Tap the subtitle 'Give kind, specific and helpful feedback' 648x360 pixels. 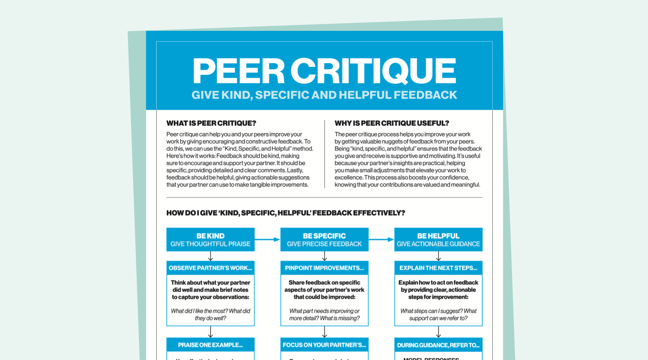coord(324,95)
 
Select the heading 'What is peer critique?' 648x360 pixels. coord(211,123)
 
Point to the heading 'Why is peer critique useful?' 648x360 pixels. coord(391,123)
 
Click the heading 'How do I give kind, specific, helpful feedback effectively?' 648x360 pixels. coord(286,213)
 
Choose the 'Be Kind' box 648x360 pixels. coord(210,240)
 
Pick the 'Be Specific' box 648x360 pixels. coord(324,240)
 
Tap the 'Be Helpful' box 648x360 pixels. coord(438,240)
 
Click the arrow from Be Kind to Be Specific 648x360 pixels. coord(267,240)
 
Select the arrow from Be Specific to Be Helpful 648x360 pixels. coord(381,240)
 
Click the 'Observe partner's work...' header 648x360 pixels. coord(210,268)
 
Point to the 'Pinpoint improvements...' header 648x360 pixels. coord(324,268)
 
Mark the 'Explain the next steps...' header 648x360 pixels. coord(438,268)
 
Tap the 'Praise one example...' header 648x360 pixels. coord(210,345)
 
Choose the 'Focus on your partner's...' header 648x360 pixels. coord(324,345)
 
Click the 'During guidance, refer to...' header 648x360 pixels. coord(438,345)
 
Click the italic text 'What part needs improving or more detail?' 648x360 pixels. coord(324,314)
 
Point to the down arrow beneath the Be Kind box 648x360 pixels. coord(211,256)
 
